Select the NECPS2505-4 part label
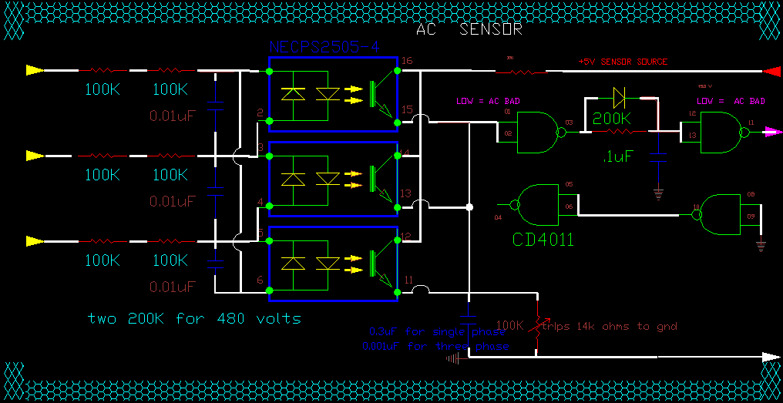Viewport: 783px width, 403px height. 324,47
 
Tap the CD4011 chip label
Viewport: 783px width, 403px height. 543,240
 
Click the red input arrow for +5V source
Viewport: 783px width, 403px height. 771,72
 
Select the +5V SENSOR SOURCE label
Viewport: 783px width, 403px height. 623,62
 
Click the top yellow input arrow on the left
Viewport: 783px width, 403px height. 34,70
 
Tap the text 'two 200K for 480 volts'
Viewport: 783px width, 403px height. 194,317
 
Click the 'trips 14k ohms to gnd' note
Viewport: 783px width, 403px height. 609,326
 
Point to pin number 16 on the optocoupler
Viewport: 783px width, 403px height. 407,60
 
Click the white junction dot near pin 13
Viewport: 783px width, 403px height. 469,207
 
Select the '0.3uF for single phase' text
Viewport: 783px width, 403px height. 437,331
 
